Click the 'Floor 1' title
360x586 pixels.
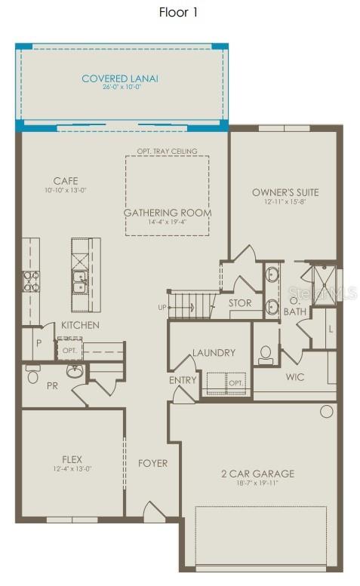(179, 12)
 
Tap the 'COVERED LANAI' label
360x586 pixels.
(121, 78)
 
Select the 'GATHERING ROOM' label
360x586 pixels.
(168, 213)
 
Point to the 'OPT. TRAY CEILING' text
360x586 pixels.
(167, 152)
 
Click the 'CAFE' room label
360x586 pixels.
(66, 181)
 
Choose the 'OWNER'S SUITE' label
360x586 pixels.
(285, 192)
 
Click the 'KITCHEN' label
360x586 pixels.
(80, 325)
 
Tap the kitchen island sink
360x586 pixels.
(79, 281)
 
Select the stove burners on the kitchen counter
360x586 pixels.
(32, 281)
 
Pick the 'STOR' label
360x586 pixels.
(240, 303)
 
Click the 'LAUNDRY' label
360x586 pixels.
(214, 352)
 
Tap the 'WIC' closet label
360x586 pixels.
(295, 376)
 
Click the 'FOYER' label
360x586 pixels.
(153, 463)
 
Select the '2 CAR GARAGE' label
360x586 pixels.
(257, 474)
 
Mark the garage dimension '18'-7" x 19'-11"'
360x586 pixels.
(257, 484)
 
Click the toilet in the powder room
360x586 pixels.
(33, 373)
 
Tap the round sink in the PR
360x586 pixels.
(75, 370)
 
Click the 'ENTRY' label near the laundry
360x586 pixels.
(183, 381)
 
